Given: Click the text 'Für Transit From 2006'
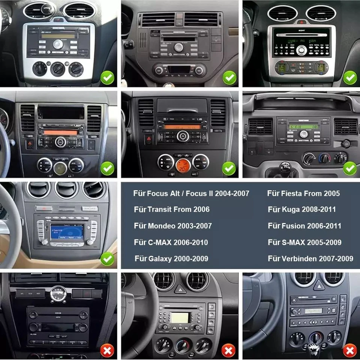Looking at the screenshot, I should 171,209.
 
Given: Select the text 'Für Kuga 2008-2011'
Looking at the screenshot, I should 301,209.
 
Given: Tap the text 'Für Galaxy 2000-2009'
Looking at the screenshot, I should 171,259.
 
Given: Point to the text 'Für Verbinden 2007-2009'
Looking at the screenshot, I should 310,259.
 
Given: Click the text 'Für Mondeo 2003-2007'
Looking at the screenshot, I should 172,226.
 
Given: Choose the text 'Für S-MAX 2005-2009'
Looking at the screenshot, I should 304,243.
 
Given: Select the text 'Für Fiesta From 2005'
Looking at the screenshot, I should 303,193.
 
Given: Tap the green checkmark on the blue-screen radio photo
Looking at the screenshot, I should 107,258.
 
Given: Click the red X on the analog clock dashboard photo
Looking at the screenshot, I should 107,351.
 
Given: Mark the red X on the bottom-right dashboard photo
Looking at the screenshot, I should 350,351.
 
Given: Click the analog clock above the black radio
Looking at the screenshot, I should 58,293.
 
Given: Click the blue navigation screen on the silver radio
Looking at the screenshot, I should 66,232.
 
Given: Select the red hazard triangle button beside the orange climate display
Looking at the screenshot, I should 148,139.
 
